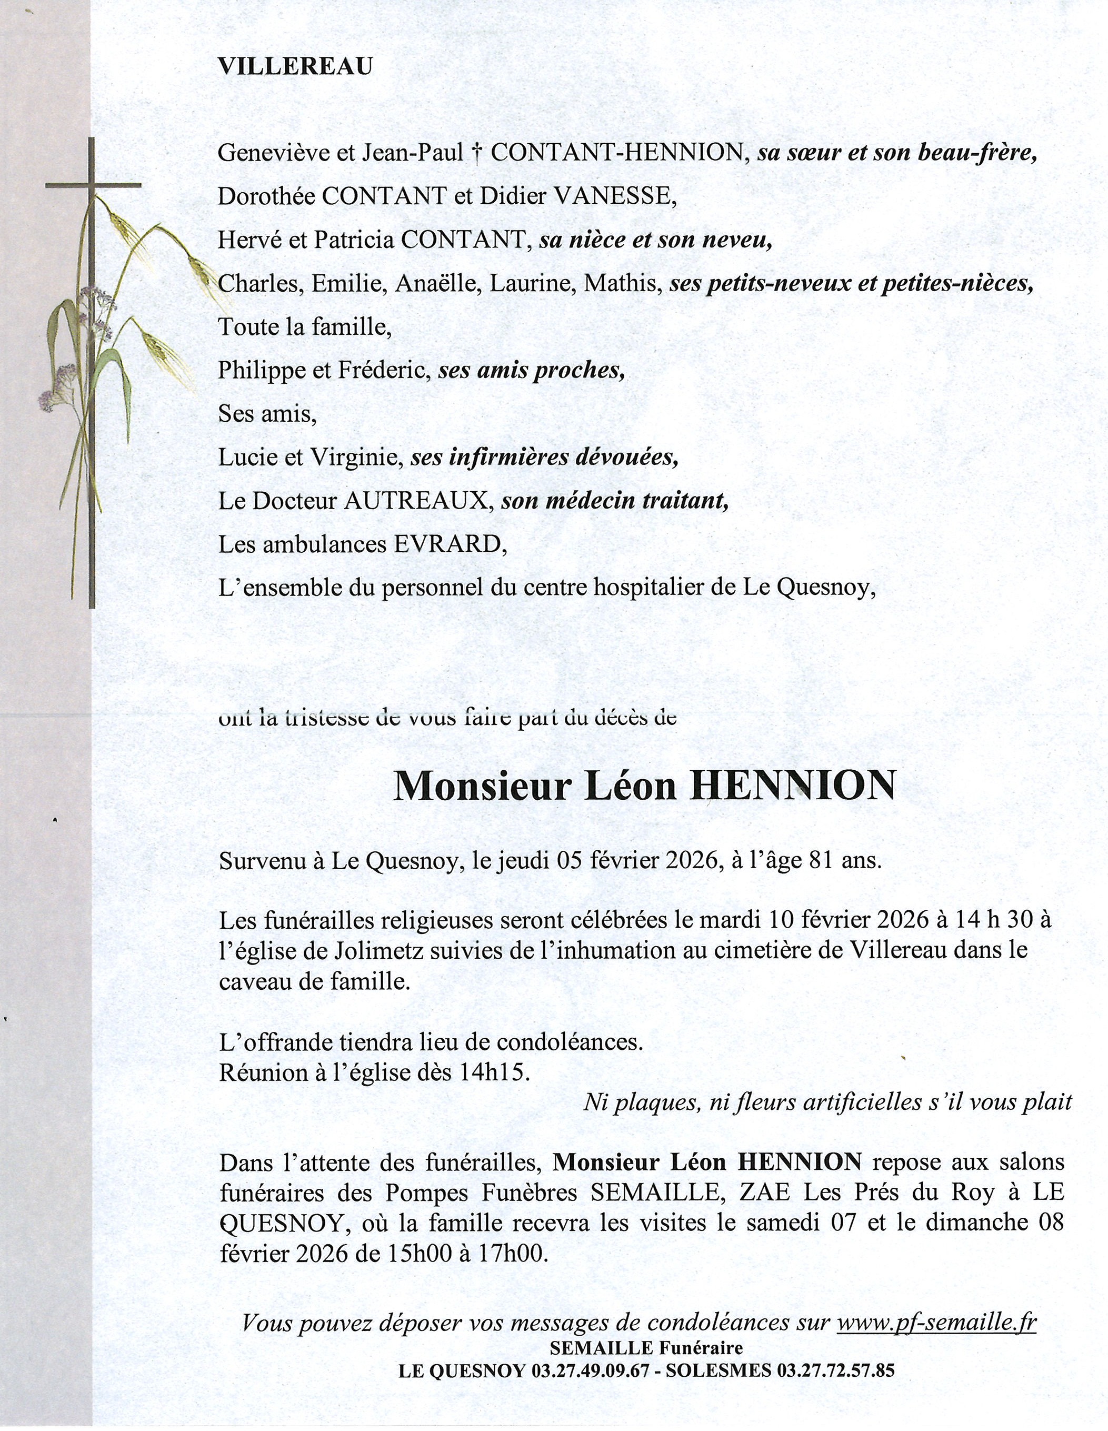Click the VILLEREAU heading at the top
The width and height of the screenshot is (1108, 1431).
[295, 67]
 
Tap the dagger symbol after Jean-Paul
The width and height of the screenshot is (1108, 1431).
[476, 153]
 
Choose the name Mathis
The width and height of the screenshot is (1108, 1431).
[621, 283]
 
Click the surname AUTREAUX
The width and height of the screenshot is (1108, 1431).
[417, 501]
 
